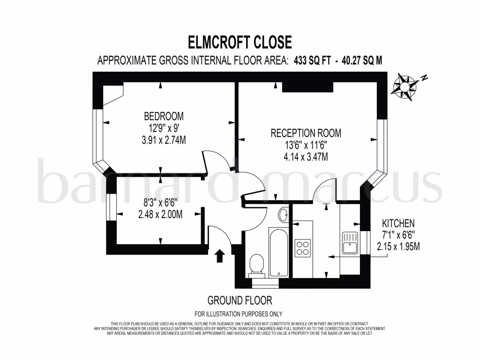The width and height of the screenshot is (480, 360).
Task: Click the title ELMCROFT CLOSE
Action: click(x=240, y=42)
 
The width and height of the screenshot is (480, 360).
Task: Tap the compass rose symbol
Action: click(x=405, y=87)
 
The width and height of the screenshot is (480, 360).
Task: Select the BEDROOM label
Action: click(x=164, y=116)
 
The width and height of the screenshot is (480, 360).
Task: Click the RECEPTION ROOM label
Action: click(x=306, y=133)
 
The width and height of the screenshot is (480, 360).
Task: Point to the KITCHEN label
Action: click(x=398, y=224)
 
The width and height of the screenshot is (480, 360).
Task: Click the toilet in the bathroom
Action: click(x=256, y=265)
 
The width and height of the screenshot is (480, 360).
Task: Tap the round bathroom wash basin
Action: click(x=284, y=215)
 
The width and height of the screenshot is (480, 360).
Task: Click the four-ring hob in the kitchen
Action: click(x=302, y=247)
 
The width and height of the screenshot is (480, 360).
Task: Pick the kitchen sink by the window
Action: click(x=350, y=242)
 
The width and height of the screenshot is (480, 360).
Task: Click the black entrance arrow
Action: click(x=219, y=256)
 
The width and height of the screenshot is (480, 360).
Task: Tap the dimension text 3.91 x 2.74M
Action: click(x=164, y=139)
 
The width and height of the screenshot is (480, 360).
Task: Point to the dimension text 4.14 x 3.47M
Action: click(x=306, y=157)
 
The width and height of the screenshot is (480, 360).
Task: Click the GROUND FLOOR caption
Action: click(x=240, y=300)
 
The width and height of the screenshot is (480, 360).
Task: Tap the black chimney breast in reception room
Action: click(x=307, y=87)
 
